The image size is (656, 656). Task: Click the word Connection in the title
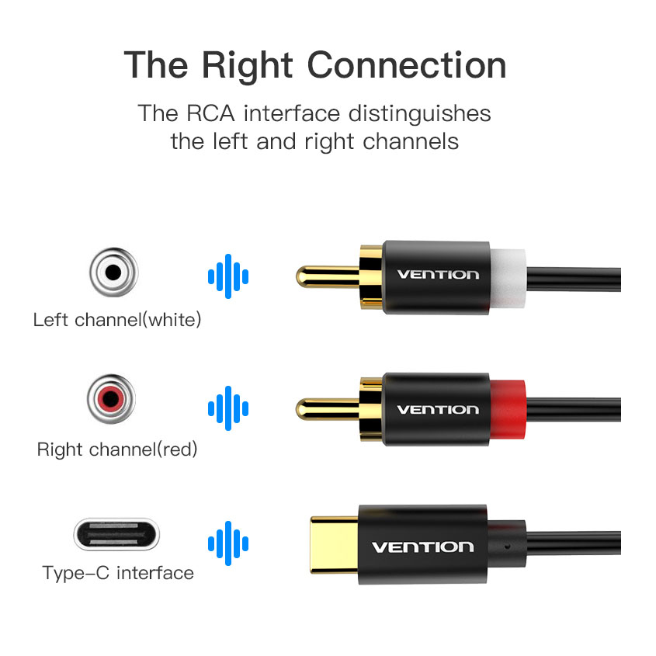click(407, 65)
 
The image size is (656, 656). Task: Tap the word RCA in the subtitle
click(210, 113)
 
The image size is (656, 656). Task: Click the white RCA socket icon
click(113, 272)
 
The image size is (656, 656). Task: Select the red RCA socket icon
click(111, 399)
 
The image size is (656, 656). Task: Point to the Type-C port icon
click(116, 534)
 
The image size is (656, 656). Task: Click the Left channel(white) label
click(117, 320)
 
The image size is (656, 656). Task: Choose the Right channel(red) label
click(117, 449)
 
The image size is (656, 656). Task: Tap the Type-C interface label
click(118, 573)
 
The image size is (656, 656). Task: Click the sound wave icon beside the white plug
click(228, 276)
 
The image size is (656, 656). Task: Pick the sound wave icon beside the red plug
click(228, 408)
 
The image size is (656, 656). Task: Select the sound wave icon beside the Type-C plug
click(228, 543)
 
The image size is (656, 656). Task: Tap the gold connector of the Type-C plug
click(335, 545)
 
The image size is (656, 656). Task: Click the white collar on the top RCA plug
click(508, 278)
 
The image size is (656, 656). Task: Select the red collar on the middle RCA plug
click(508, 409)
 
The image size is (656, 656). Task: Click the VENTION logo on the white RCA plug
click(438, 275)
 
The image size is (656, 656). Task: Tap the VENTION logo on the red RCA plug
click(438, 410)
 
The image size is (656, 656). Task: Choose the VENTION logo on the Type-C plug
click(423, 547)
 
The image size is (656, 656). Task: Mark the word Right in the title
click(247, 66)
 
